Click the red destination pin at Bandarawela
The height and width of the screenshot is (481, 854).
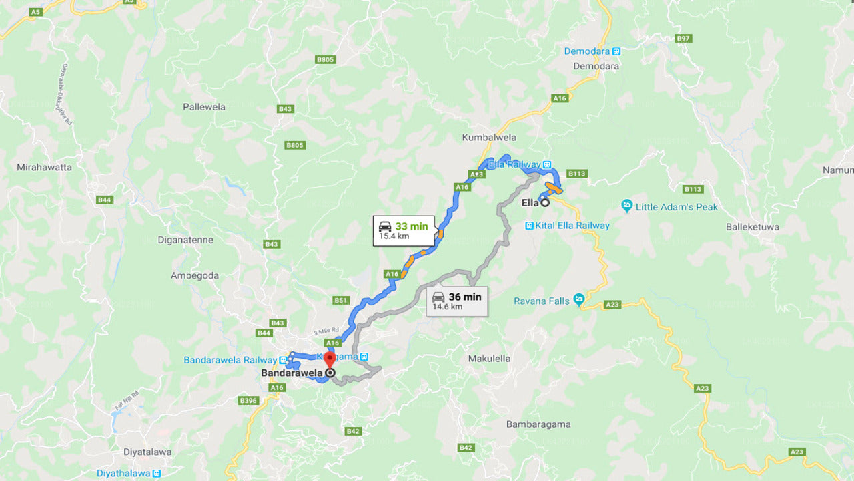click(x=329, y=360)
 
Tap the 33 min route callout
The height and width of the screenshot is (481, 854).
click(x=404, y=230)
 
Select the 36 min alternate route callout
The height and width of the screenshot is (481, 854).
click(x=457, y=301)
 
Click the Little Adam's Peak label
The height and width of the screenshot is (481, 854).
click(x=677, y=207)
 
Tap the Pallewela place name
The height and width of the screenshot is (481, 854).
click(x=204, y=107)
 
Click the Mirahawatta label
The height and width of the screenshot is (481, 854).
click(x=45, y=167)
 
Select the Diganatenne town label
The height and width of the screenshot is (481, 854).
click(x=185, y=240)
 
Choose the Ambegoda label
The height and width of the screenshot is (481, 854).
click(x=194, y=275)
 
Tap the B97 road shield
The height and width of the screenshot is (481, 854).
click(x=683, y=39)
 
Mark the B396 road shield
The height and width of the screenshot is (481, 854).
click(x=248, y=401)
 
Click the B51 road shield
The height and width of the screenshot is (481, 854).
click(x=341, y=301)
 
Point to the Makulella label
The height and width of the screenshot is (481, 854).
click(x=489, y=359)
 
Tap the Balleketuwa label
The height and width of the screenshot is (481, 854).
click(x=753, y=227)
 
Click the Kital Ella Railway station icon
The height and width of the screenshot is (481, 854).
click(x=529, y=226)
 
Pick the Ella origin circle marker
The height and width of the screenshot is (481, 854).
click(x=545, y=202)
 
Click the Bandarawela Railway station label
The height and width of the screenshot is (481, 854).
click(x=230, y=360)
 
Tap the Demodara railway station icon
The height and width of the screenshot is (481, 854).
click(x=616, y=51)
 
